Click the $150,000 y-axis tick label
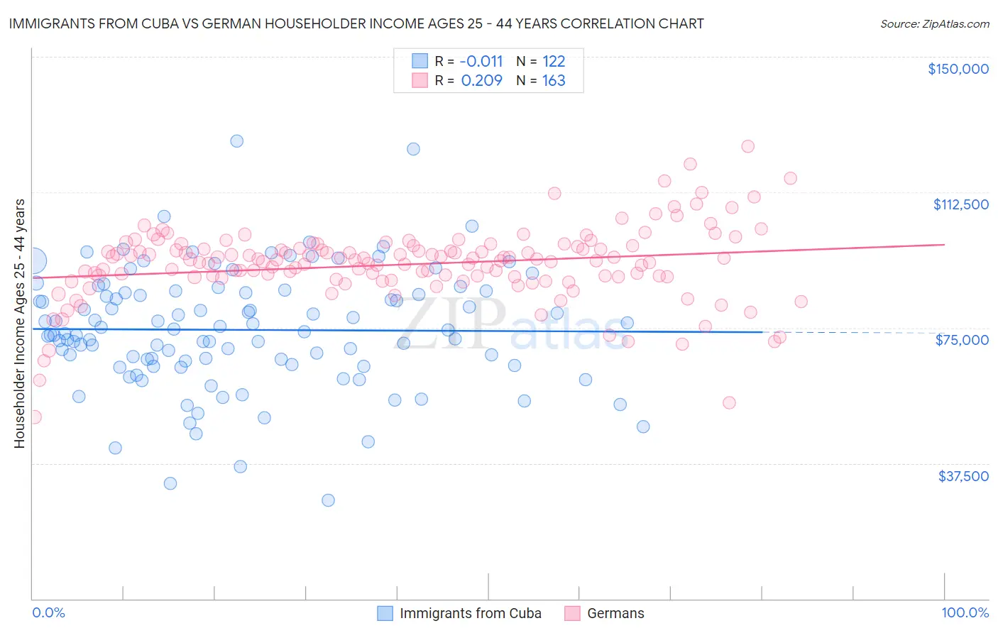(x=958, y=69)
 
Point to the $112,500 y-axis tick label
(x=960, y=204)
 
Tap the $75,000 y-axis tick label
(x=962, y=340)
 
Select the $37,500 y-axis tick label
(x=963, y=476)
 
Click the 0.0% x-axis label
(x=48, y=612)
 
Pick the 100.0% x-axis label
(x=965, y=612)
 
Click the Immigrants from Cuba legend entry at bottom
(x=470, y=613)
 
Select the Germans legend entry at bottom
(x=615, y=613)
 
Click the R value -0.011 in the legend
(x=481, y=61)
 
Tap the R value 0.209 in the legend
(x=481, y=80)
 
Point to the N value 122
(x=554, y=61)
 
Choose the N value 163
(x=554, y=80)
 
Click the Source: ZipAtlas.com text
(x=934, y=23)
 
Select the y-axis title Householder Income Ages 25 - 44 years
(x=19, y=324)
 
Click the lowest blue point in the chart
(x=328, y=500)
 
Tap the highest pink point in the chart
(x=747, y=146)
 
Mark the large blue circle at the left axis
(x=33, y=261)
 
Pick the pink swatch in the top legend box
(x=420, y=80)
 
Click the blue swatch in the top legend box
(x=420, y=61)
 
